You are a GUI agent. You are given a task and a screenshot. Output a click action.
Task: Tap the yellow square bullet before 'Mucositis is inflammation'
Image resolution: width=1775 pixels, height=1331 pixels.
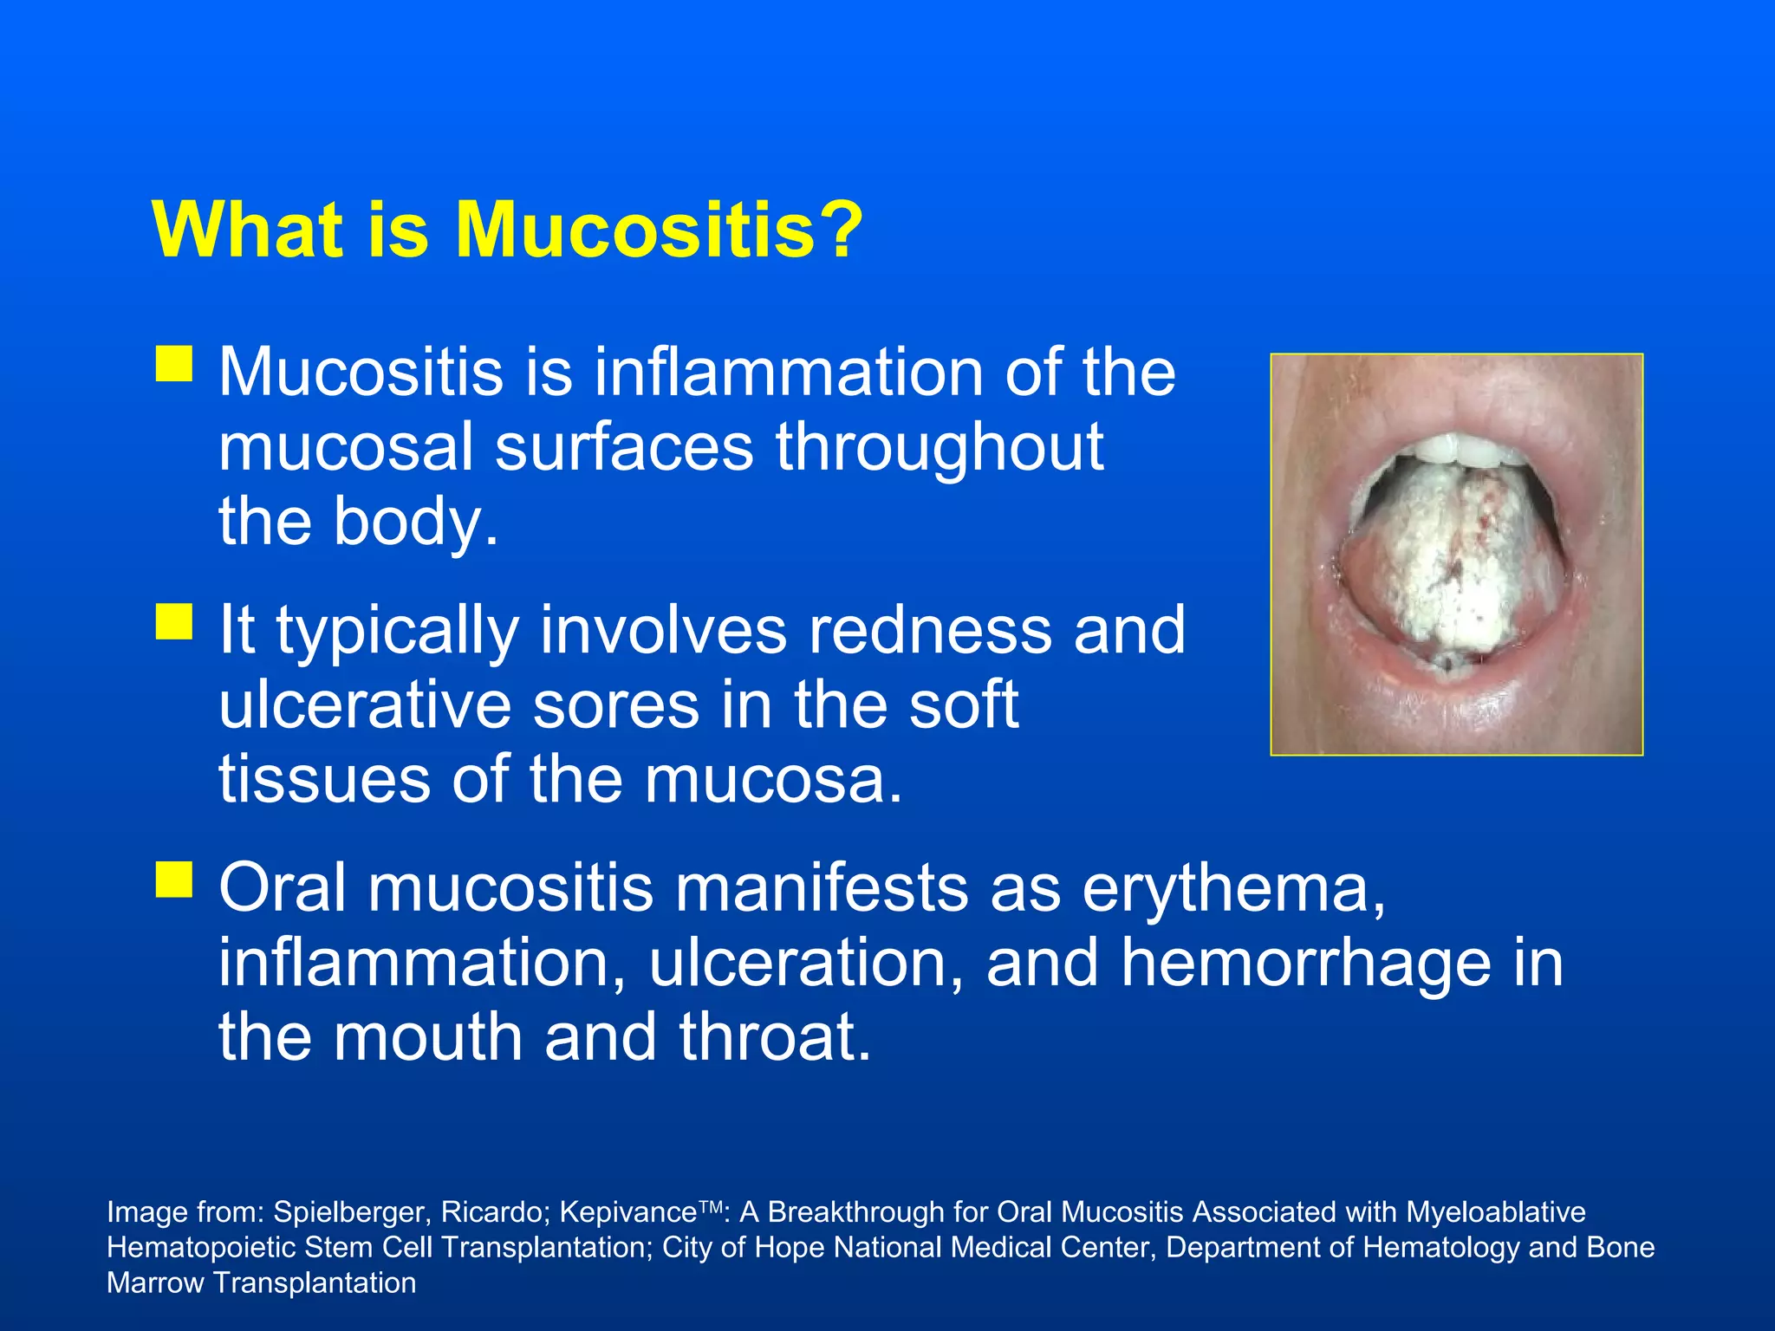tap(174, 364)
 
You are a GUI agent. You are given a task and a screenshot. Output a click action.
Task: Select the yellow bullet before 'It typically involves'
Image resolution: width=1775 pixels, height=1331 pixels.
tap(174, 621)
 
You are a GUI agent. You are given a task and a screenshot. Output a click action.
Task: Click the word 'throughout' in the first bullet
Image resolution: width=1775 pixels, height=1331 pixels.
tap(940, 447)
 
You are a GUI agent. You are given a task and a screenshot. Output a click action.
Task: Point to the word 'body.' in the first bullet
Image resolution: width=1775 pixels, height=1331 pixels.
tap(417, 523)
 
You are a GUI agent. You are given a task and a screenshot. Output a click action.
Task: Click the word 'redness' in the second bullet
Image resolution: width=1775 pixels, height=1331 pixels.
tap(930, 630)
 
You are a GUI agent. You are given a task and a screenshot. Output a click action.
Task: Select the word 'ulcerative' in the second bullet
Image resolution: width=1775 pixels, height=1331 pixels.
tap(364, 705)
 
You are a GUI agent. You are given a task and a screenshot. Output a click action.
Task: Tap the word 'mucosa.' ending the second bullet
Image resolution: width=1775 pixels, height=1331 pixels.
tap(773, 779)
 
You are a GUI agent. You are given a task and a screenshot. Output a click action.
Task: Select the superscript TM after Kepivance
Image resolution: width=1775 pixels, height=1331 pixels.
tap(710, 1205)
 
